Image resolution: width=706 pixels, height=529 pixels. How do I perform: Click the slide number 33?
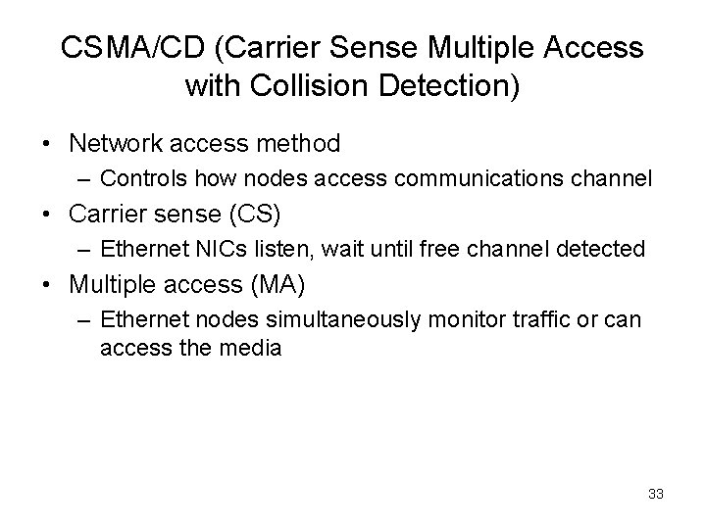click(x=656, y=494)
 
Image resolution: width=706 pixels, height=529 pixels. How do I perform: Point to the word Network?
click(x=117, y=144)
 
